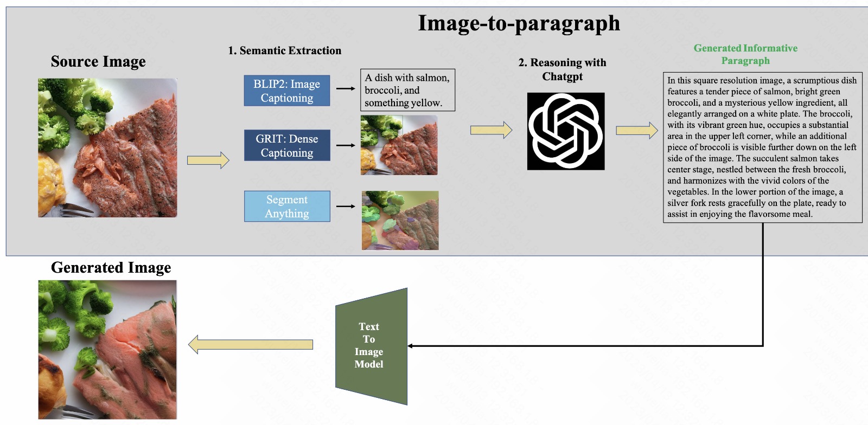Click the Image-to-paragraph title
point(519,23)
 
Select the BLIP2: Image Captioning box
point(286,91)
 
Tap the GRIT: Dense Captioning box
point(286,145)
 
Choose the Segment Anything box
point(286,207)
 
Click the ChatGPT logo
point(565,131)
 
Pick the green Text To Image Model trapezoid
point(371,346)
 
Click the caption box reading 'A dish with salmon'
point(407,90)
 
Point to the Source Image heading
point(98,61)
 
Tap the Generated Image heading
point(111,268)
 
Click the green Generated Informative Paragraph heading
point(745,54)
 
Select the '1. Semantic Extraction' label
point(285,50)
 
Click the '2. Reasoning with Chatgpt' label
point(562,69)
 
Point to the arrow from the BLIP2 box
point(346,88)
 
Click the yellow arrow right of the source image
point(208,160)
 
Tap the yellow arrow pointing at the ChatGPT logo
point(491,130)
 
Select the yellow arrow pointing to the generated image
point(251,345)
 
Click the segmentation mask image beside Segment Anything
point(400,220)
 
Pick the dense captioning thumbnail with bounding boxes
point(399,145)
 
